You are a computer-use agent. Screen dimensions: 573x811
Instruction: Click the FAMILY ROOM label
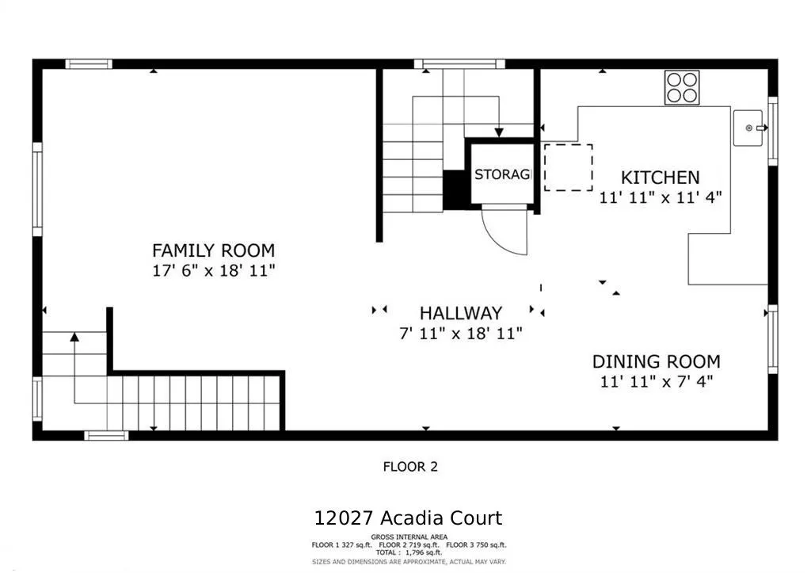point(213,250)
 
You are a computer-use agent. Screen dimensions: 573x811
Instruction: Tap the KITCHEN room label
point(660,178)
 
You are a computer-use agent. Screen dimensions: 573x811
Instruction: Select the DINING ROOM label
point(656,362)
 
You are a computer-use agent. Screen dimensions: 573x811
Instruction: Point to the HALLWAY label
point(460,313)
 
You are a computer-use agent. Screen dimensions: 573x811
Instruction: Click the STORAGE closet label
point(502,174)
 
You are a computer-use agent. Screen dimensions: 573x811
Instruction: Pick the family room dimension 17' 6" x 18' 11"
point(213,271)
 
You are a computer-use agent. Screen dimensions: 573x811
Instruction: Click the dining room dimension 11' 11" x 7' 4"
point(656,382)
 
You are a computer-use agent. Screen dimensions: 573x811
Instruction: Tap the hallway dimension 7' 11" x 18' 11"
point(460,334)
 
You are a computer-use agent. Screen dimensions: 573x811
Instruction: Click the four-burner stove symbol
point(682,87)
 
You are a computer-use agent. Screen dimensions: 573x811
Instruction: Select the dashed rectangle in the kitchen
point(568,167)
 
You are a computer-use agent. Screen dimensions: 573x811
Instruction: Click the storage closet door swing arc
point(511,234)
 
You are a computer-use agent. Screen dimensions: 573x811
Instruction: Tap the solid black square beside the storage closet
point(455,189)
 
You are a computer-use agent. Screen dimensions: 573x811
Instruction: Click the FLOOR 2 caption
point(410,467)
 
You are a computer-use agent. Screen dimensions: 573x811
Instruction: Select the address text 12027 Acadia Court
point(408,518)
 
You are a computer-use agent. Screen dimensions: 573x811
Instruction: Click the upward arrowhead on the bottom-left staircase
point(74,337)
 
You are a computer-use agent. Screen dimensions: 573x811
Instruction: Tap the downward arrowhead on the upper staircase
point(499,132)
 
